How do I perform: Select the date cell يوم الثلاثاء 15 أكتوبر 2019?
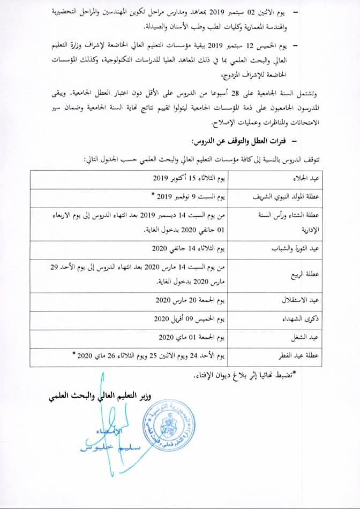[x=184, y=179]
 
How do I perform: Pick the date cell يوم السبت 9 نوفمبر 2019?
[x=182, y=196]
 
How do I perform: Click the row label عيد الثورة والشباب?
[x=307, y=249]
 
